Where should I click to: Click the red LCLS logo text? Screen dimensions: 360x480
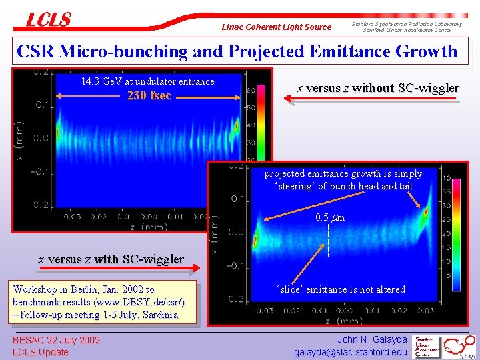coord(48,19)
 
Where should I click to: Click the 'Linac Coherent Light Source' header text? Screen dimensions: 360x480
coord(276,27)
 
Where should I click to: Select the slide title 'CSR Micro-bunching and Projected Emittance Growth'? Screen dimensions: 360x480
coord(237,51)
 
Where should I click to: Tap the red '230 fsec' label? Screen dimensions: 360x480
coord(149,95)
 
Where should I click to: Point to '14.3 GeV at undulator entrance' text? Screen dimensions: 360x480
coord(147,81)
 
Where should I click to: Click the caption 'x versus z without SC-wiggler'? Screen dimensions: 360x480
coord(377,88)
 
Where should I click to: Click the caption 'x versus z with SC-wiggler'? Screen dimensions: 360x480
coord(111,259)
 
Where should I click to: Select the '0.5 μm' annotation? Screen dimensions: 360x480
coord(329,217)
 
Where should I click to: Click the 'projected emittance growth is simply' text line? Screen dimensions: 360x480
coord(343,173)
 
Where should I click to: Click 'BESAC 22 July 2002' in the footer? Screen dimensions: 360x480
coord(56,340)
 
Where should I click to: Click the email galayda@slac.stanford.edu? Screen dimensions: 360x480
coord(351,352)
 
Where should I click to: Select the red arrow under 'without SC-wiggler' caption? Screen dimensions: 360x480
coord(372,99)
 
